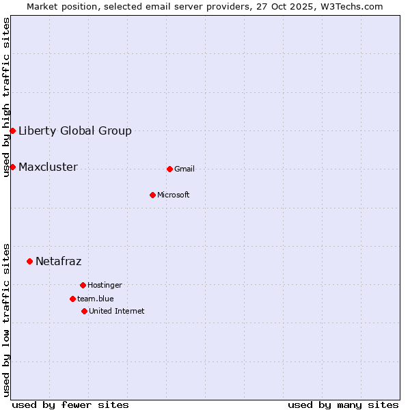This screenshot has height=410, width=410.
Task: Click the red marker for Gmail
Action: tap(169, 169)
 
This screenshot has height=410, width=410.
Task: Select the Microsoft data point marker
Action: tap(152, 195)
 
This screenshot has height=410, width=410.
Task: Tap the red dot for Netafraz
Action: tap(29, 261)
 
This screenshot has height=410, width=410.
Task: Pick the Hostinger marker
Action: tap(83, 285)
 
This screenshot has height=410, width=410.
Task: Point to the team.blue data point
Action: tap(72, 299)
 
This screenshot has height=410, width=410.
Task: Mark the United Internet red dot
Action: tap(84, 311)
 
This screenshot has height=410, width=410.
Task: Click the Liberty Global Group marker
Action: tap(12, 131)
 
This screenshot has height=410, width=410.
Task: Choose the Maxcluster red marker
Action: tap(12, 167)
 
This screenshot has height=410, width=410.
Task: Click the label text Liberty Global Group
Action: tap(75, 131)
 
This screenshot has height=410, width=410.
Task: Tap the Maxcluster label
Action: tap(48, 167)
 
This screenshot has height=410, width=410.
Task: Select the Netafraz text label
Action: tap(59, 262)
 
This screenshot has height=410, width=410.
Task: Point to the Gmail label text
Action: tap(184, 169)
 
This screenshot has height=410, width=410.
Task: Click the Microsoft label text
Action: tap(174, 195)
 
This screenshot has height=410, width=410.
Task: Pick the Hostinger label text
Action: tap(105, 286)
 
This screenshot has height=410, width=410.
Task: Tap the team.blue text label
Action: tap(96, 299)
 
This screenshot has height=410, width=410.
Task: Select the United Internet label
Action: tap(117, 312)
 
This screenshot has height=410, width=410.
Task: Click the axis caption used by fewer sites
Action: tap(70, 405)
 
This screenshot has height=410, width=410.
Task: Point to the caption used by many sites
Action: tap(343, 405)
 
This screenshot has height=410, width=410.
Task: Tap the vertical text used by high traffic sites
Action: tap(6, 97)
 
